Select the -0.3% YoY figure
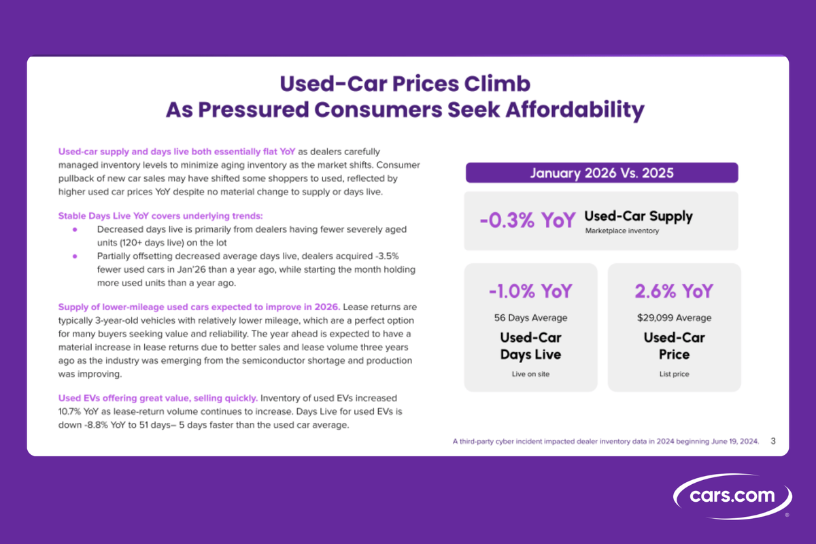click(527, 220)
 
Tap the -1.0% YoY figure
click(530, 292)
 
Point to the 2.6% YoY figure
click(674, 292)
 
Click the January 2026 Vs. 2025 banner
click(601, 172)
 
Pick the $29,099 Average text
click(674, 318)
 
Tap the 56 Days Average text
click(530, 318)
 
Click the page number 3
click(773, 441)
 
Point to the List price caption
click(674, 373)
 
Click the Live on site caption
click(530, 373)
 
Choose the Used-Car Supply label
click(639, 217)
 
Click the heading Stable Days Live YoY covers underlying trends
click(156, 216)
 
